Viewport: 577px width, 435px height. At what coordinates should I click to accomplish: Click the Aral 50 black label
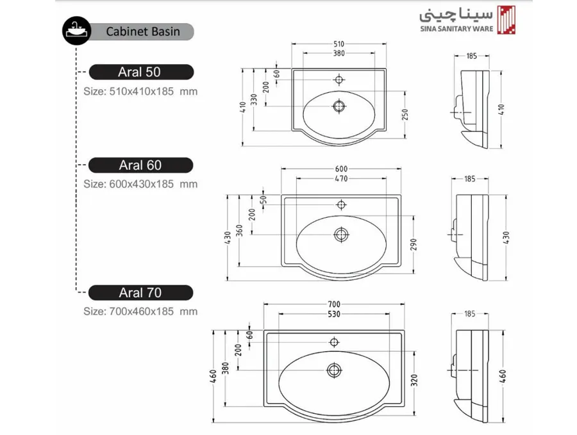pos(141,72)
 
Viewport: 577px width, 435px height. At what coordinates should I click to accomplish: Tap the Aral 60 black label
pos(141,165)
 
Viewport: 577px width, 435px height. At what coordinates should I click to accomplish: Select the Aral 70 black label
pos(141,293)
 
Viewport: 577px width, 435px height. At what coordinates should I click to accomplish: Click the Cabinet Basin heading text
pos(143,31)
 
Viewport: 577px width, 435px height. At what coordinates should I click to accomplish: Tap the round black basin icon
pos(76,31)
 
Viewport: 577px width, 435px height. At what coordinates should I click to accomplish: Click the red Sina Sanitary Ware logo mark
pos(506,21)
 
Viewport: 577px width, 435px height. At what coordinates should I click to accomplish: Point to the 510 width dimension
pos(339,44)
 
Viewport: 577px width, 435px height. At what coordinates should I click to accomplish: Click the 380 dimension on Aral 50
pos(339,53)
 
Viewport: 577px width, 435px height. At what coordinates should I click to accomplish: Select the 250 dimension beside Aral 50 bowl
pos(405,115)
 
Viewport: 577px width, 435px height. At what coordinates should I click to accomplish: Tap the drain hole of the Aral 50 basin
pos(339,106)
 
